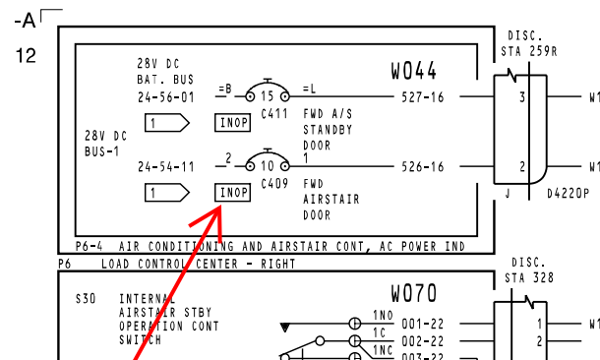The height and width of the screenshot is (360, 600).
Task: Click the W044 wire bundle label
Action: point(413,71)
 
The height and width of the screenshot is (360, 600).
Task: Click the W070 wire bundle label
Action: point(414,293)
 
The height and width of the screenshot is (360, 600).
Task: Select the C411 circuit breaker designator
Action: point(274,114)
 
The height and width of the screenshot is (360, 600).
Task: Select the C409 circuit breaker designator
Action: point(274,184)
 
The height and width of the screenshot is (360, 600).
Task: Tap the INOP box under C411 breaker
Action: point(233,122)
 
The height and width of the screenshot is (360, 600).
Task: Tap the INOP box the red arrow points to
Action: point(233,193)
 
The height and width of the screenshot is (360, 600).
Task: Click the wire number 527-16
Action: point(423,97)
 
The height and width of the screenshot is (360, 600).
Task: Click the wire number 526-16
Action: point(423,167)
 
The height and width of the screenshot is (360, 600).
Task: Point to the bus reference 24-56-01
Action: point(166,97)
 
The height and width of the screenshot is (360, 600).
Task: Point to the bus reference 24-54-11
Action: point(166,167)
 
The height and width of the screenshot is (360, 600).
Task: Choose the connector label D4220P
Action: point(569,194)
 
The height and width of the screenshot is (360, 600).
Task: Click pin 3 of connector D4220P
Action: point(522,97)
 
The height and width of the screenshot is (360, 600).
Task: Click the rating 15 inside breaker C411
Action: point(268,96)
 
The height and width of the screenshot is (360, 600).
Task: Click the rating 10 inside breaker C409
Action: point(268,166)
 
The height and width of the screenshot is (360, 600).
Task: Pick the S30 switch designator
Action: point(86,298)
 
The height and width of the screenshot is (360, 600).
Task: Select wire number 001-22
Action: point(423,325)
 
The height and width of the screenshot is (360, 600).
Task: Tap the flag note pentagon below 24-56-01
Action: point(167,123)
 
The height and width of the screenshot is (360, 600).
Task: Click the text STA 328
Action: point(529,277)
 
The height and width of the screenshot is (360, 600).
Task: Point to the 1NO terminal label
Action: point(384,315)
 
